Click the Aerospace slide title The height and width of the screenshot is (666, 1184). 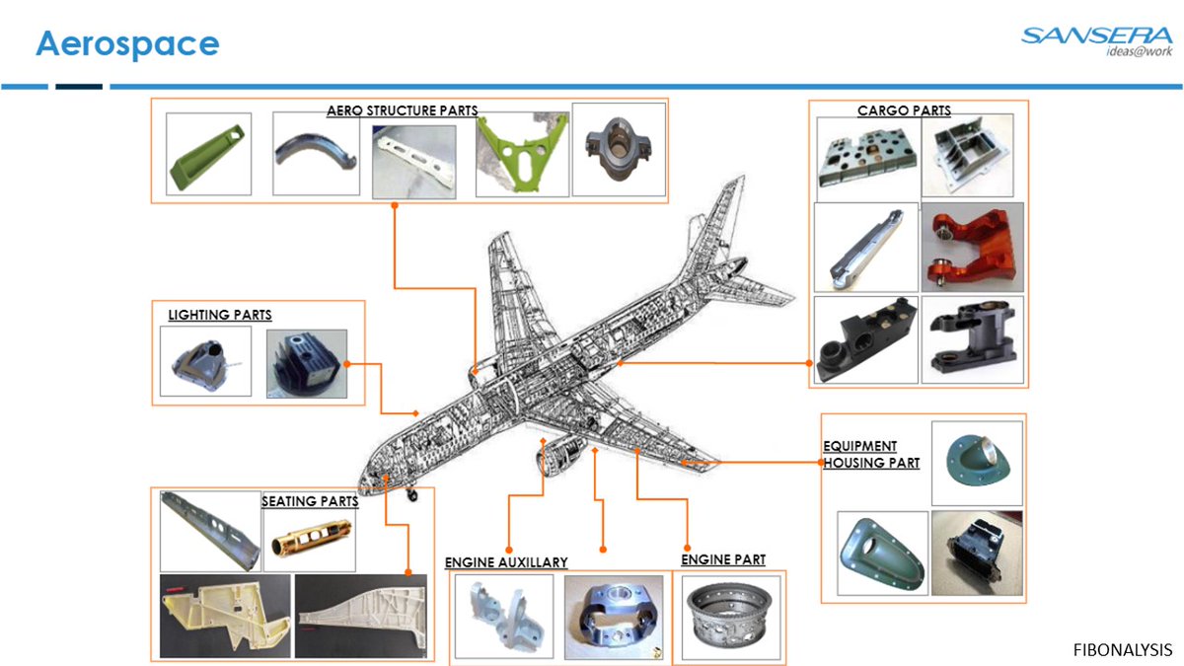pyautogui.click(x=127, y=44)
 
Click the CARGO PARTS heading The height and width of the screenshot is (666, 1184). pyautogui.click(x=904, y=111)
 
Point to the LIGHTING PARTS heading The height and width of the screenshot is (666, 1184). pyautogui.click(x=219, y=315)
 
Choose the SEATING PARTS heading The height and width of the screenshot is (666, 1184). pyautogui.click(x=310, y=501)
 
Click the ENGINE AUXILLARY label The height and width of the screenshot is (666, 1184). pyautogui.click(x=506, y=562)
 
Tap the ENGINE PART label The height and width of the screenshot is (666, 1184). pyautogui.click(x=723, y=559)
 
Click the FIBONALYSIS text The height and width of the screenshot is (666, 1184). pyautogui.click(x=1122, y=649)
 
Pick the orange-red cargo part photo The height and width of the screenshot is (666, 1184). pyautogui.click(x=972, y=248)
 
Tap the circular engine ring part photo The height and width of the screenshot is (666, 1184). pyautogui.click(x=731, y=617)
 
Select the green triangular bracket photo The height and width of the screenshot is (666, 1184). pyautogui.click(x=522, y=153)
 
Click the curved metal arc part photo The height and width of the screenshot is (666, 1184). pyautogui.click(x=316, y=154)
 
